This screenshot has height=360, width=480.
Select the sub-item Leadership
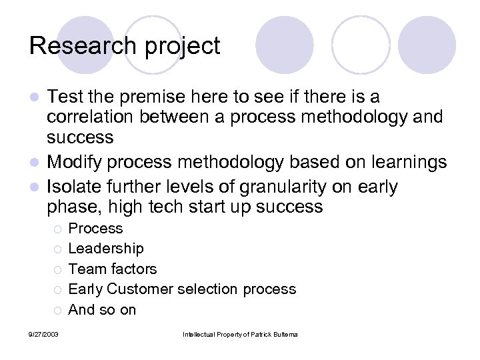(x=105, y=249)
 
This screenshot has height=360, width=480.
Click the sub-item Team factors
(x=113, y=269)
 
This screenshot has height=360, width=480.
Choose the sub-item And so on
(x=102, y=309)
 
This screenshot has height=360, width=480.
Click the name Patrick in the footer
(x=263, y=333)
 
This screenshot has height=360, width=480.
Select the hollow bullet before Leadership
(x=58, y=249)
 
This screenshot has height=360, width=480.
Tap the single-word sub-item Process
(x=96, y=228)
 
